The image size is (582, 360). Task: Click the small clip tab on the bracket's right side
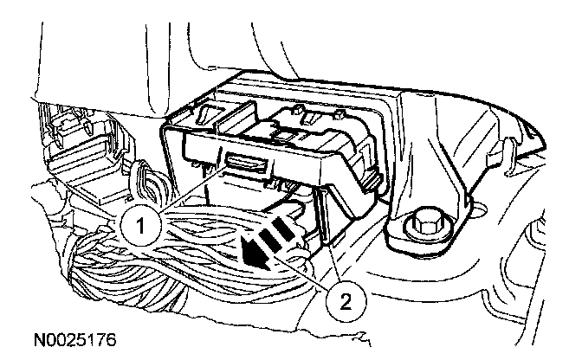[372, 177]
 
